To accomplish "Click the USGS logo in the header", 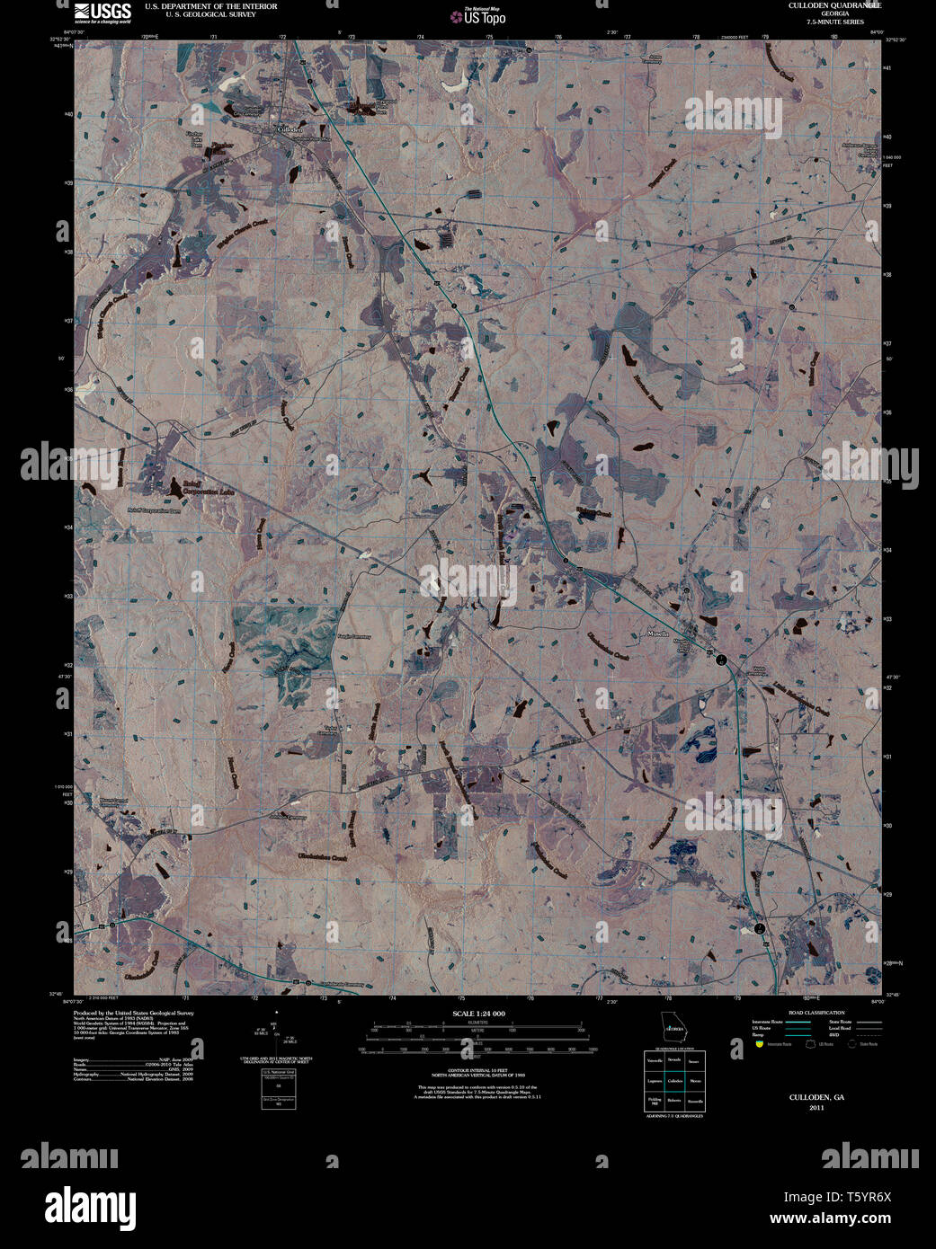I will (103, 12).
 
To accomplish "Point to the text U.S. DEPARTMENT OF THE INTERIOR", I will (210, 6).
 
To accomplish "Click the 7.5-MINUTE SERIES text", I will (835, 21).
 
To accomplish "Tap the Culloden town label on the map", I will (291, 129).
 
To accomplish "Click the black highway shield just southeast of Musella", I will (721, 660).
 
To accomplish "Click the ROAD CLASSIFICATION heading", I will (816, 1013).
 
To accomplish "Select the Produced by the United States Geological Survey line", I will (133, 1013).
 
